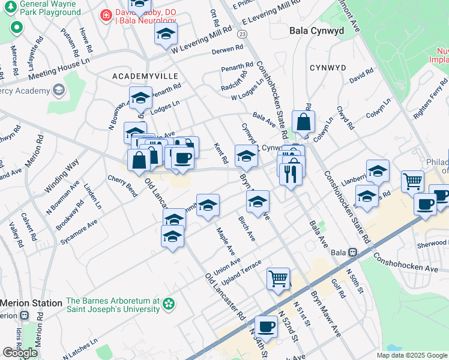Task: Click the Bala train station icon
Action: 354,253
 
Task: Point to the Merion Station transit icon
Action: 23,316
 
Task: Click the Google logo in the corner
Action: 20,352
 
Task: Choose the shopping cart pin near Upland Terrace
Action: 279,277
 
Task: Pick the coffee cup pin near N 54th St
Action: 266,326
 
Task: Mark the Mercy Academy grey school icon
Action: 58,91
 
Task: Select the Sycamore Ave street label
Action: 79,232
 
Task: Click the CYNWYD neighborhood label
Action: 328,67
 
